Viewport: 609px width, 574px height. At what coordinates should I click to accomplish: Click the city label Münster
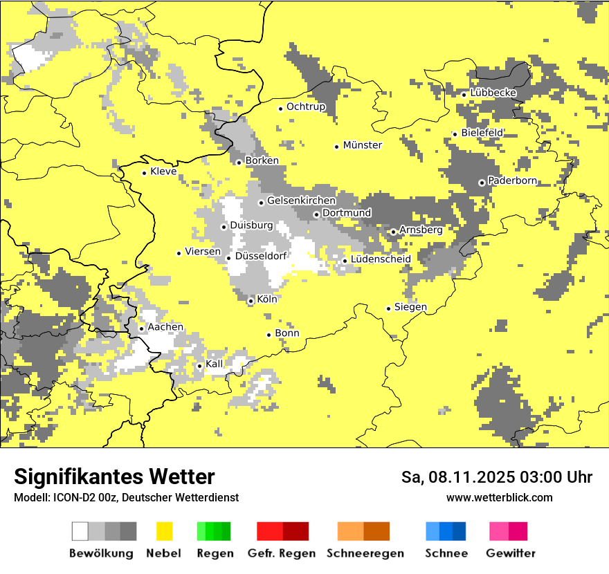point(362,145)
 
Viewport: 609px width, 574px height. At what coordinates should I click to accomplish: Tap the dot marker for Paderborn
point(482,183)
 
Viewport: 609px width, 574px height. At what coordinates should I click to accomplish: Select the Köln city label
point(266,300)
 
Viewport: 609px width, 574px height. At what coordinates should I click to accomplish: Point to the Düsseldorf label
point(261,257)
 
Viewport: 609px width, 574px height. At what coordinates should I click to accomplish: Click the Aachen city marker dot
point(141,328)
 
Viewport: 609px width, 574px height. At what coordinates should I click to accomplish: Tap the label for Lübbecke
point(493,93)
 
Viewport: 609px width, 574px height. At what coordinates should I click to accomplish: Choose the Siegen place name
point(410,307)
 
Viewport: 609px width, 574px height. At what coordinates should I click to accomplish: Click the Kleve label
point(163,172)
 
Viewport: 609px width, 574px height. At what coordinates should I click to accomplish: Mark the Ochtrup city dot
point(280,108)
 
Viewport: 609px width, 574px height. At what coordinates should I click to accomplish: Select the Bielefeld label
point(482,132)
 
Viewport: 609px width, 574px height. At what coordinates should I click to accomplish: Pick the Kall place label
point(215,364)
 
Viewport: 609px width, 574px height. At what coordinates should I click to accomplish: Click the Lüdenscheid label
point(381,259)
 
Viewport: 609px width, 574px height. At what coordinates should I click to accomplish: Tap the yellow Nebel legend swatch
point(164,531)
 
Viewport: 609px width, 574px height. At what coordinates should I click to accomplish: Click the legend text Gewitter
point(510,553)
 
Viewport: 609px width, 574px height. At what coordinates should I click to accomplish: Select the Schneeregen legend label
point(365,553)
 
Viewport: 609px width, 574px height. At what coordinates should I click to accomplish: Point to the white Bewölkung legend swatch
point(80,531)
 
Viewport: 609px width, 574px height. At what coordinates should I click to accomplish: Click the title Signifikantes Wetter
point(114,477)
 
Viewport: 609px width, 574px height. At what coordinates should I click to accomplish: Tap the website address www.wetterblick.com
point(499,497)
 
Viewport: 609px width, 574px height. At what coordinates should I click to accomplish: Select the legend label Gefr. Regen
point(281,553)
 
